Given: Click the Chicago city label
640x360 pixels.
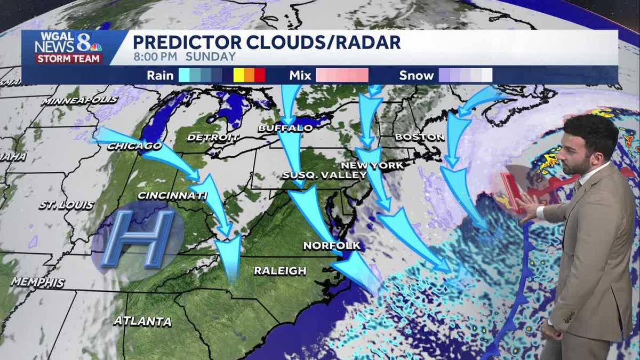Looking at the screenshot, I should [x=134, y=146].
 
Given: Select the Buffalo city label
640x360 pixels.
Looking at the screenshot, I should [x=285, y=128].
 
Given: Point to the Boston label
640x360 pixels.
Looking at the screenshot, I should [x=420, y=137].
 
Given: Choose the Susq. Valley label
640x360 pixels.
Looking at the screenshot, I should [x=324, y=175].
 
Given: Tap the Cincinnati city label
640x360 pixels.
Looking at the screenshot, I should [x=172, y=196].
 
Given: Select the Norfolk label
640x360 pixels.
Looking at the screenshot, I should [x=332, y=246].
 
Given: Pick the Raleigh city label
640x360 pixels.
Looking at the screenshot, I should [x=280, y=271].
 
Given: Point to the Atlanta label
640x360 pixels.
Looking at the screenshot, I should [x=142, y=321].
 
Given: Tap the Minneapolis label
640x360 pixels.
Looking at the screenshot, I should [x=80, y=100].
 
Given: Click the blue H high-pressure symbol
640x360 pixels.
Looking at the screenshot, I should [x=138, y=238].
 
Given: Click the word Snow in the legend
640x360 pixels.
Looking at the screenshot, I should [x=417, y=76].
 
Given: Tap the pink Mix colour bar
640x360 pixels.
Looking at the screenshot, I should [x=342, y=76].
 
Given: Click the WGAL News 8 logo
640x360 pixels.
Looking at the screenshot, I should [x=68, y=48].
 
